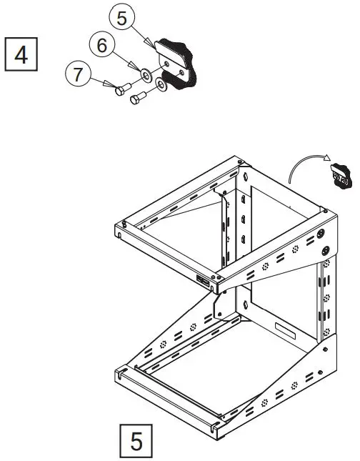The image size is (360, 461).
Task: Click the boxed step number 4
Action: (21, 54)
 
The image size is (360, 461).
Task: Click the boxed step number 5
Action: (135, 440)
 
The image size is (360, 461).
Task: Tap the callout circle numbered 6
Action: (102, 45)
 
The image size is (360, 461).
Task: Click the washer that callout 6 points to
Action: (145, 73)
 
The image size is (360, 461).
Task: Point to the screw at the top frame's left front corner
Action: (124, 224)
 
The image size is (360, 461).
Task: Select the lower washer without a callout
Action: (161, 86)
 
